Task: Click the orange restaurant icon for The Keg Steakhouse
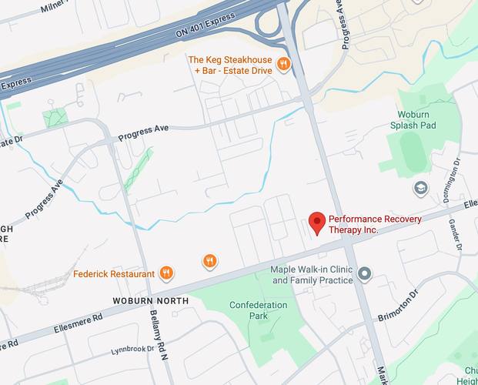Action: tap(283, 64)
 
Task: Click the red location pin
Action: tap(316, 223)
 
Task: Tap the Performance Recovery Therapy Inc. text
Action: tap(375, 225)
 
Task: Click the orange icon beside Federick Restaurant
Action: tap(165, 273)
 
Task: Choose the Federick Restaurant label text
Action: tap(115, 273)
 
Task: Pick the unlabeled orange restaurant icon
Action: tap(209, 261)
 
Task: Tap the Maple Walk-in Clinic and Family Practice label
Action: tap(312, 275)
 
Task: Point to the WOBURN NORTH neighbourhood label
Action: tap(150, 300)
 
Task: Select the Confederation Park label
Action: tap(259, 310)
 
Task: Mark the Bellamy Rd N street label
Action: tap(158, 343)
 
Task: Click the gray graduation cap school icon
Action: tap(420, 187)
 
